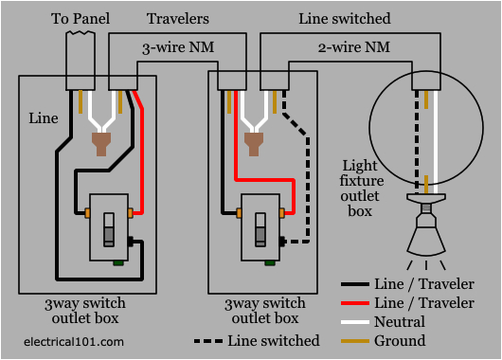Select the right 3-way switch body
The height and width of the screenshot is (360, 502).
261,227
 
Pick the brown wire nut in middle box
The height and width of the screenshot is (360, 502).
252,143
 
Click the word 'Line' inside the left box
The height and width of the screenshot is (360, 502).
43,119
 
